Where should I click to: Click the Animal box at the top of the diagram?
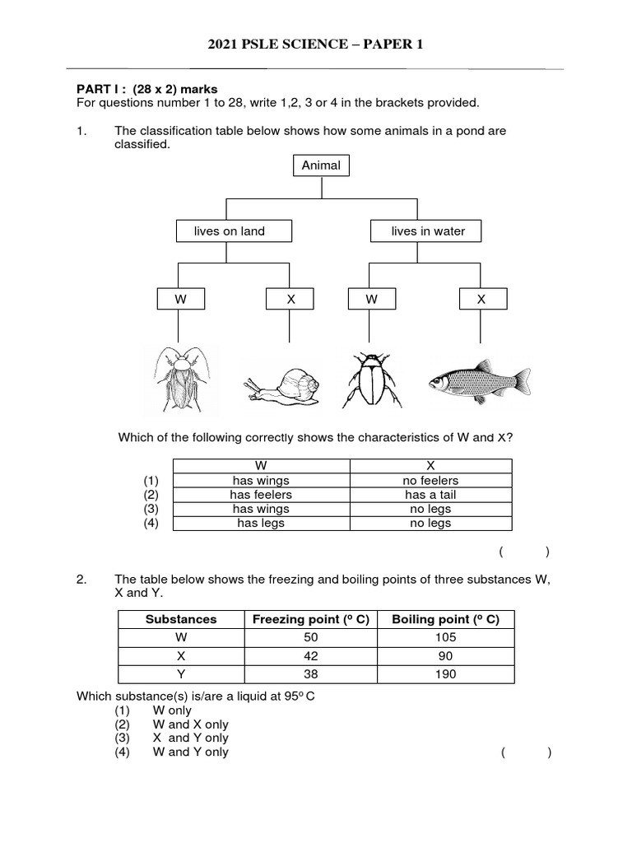click(321, 165)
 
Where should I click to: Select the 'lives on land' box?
click(234, 231)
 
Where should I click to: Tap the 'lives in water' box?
click(425, 231)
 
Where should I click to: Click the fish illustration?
click(479, 380)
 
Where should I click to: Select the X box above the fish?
click(481, 300)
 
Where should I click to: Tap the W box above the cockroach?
click(179, 300)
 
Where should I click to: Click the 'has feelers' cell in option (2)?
click(261, 495)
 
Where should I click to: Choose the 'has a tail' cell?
click(430, 495)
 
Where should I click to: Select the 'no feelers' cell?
click(430, 481)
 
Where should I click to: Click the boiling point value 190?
click(445, 674)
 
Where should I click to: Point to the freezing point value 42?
click(310, 656)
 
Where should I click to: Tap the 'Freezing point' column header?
click(310, 619)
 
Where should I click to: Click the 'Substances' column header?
click(181, 619)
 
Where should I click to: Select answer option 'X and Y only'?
click(190, 738)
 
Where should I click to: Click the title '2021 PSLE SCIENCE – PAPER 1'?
click(315, 44)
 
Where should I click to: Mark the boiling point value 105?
click(445, 637)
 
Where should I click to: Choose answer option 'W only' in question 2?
click(171, 710)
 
